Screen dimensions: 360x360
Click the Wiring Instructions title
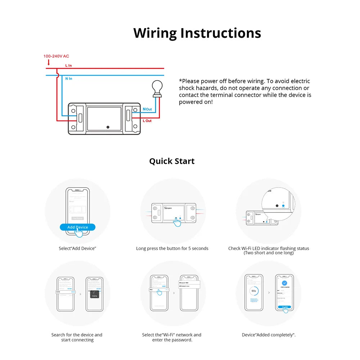click(x=197, y=33)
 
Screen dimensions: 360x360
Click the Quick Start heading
click(x=172, y=161)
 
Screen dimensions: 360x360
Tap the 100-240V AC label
click(x=56, y=56)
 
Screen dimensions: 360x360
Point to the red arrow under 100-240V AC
click(x=49, y=62)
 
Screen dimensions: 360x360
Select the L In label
click(x=68, y=66)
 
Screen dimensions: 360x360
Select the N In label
click(x=68, y=78)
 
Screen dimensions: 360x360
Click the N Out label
click(x=147, y=109)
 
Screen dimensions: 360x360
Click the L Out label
click(x=147, y=121)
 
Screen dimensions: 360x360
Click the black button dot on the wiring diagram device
click(x=108, y=127)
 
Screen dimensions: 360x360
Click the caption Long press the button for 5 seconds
click(x=172, y=248)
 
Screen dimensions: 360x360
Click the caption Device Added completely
click(x=269, y=335)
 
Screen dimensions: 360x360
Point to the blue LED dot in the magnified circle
click(x=283, y=206)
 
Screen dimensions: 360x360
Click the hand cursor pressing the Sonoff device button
click(x=177, y=222)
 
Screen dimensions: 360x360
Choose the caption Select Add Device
click(x=77, y=248)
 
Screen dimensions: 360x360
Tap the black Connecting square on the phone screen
click(x=94, y=294)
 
